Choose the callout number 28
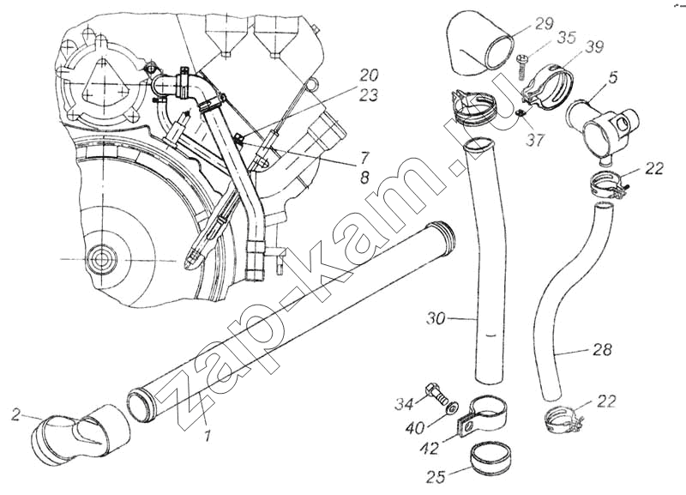point(602,349)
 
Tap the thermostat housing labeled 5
point(600,124)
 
